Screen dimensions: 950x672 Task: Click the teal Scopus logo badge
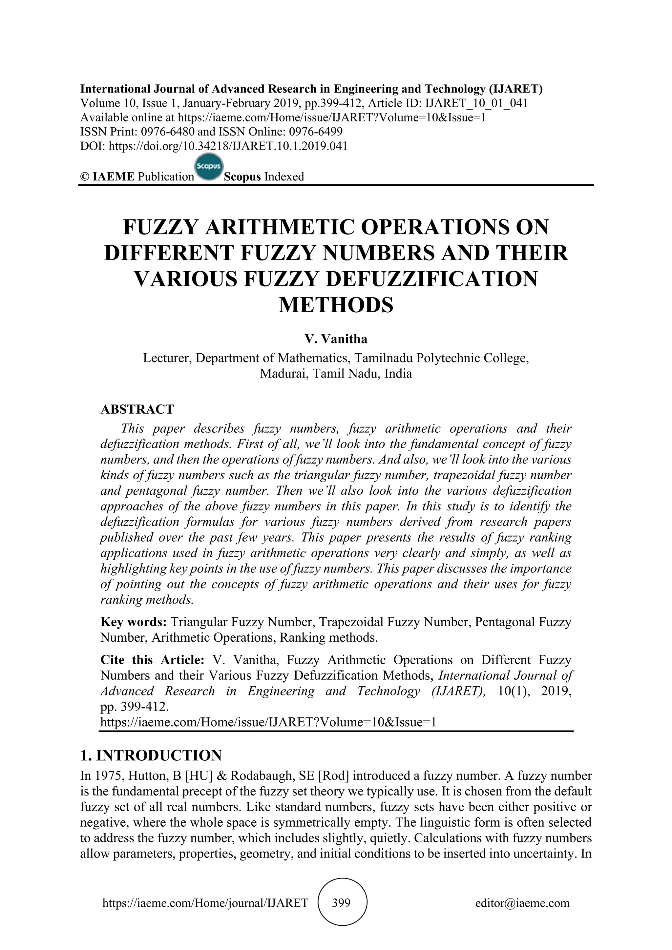click(x=209, y=168)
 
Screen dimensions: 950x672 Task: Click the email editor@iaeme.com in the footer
click(x=522, y=903)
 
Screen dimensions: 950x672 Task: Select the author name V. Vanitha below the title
click(x=336, y=339)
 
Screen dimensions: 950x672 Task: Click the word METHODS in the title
click(x=336, y=305)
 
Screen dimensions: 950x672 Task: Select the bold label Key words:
click(x=133, y=622)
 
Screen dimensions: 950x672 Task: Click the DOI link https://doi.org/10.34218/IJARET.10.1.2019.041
click(x=228, y=146)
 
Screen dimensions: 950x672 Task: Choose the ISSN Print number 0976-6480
click(x=168, y=132)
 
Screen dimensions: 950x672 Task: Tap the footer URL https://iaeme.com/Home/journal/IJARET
click(x=205, y=903)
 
